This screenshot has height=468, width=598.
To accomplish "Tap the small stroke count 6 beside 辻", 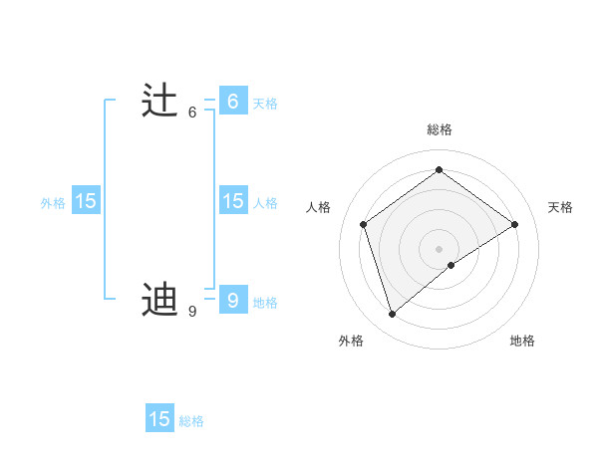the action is coord(192,113).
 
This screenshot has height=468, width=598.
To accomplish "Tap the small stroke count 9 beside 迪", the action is coord(192,312).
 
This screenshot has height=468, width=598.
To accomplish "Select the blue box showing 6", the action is coord(232,102).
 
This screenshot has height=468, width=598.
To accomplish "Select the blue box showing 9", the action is coord(232,299).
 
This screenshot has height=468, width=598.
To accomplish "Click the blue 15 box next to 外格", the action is coord(86,201).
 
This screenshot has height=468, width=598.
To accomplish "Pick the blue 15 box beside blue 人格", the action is coord(232,201).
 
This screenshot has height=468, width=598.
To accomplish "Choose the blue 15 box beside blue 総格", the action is coord(159,419).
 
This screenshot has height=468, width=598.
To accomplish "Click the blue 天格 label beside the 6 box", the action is coord(265,104).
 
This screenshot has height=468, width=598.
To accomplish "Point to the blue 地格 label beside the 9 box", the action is coord(265,303).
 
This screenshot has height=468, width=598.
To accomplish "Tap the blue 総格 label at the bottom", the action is coord(191,421).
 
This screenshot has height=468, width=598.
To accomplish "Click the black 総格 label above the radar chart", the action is coord(440,129).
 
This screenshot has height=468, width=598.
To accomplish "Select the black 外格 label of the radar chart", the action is coord(351,341).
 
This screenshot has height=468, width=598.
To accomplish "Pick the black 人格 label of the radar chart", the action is coord(318,207).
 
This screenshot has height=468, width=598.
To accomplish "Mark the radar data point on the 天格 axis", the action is coord(514,224).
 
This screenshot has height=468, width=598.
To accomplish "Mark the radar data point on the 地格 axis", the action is coord(451,265).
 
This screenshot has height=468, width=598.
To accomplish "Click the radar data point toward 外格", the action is coord(392,315).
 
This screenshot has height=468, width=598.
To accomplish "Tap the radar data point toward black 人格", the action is coord(363,224).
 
